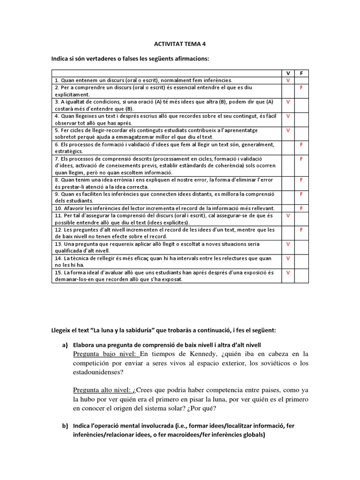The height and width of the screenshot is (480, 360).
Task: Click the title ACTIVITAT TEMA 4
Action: point(180,44)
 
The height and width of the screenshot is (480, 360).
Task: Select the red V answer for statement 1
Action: point(288,80)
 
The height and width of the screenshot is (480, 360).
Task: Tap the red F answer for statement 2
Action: point(301,88)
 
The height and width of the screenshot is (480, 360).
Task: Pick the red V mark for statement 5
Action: point(288,130)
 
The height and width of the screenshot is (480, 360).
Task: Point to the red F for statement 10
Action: point(301,208)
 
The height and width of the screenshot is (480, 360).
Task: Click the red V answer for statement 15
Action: point(288,272)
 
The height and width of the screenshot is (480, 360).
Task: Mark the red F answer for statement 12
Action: point(301,230)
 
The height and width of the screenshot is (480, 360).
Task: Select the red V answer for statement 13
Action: point(288,244)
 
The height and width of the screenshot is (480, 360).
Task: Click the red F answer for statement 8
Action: point(301,180)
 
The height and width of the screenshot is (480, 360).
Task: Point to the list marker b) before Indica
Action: point(65,426)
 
